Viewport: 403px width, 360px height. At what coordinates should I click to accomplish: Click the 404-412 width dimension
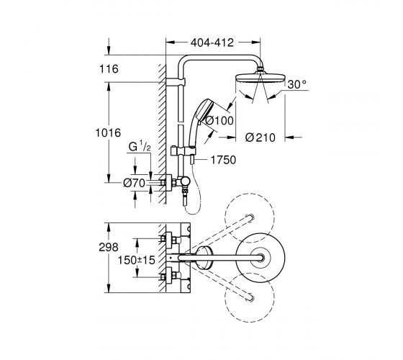(x=212, y=42)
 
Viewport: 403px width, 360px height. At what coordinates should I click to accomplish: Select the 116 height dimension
(x=109, y=69)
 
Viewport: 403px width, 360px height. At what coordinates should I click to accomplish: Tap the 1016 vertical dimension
(x=108, y=133)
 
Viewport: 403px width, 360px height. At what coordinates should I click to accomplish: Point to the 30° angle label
(x=296, y=84)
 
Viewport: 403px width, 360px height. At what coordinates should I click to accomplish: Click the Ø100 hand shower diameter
(x=219, y=120)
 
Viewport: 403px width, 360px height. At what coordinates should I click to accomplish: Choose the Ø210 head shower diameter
(x=260, y=138)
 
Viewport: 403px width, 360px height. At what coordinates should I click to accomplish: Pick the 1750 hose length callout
(x=223, y=160)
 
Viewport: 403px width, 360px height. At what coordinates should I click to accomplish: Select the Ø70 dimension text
(x=134, y=183)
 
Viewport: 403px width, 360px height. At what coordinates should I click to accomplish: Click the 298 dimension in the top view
(x=109, y=248)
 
